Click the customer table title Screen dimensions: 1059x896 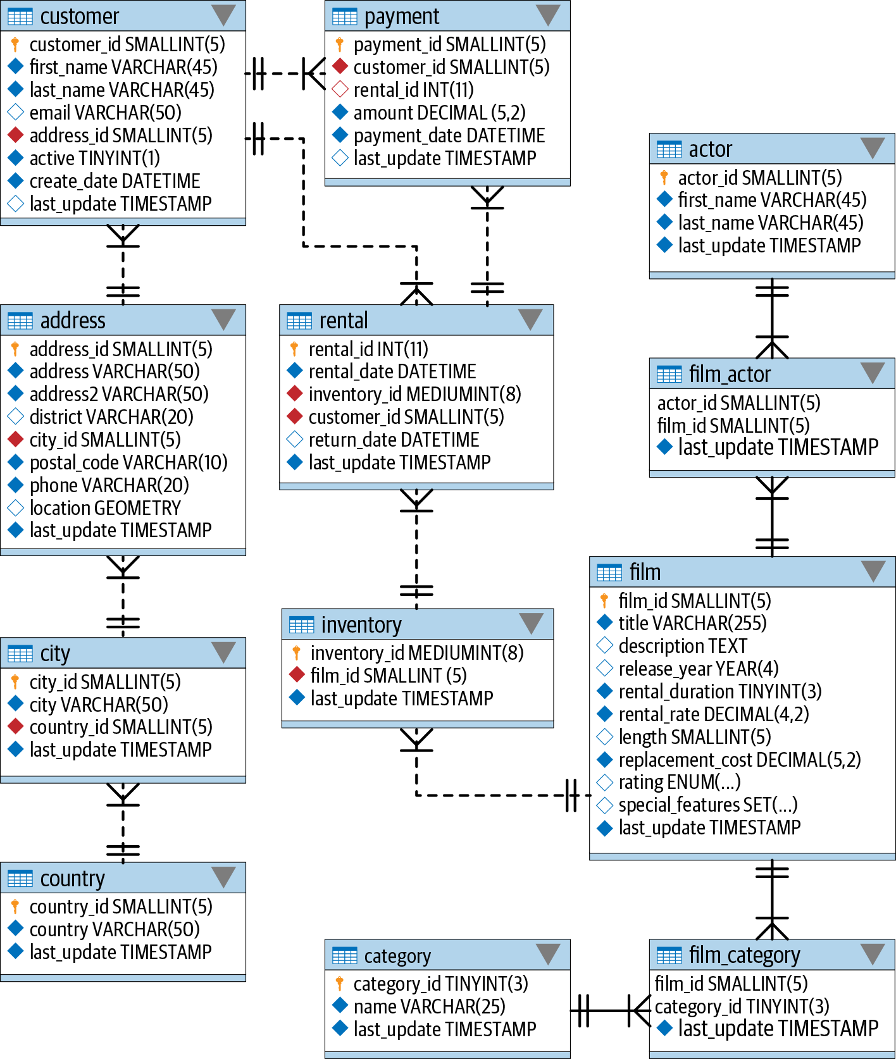tap(79, 16)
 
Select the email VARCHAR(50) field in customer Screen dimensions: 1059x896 tap(105, 113)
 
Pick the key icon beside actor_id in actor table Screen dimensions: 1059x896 tap(664, 178)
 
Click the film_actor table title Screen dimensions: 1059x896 tap(729, 375)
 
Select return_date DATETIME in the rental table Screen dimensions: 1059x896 tap(394, 440)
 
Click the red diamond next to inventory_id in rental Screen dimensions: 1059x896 tap(295, 394)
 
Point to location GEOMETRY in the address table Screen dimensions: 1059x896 tap(105, 508)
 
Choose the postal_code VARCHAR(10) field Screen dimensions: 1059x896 tap(128, 462)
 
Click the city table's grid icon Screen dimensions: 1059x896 tap(20, 653)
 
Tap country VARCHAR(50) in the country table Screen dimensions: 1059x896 tap(115, 929)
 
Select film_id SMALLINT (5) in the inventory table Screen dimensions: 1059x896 tap(388, 676)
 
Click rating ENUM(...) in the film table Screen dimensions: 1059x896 tap(679, 783)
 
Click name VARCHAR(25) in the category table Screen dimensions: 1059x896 tap(429, 1006)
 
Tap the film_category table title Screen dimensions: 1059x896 tap(744, 955)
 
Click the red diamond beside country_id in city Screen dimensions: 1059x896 tap(15, 727)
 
